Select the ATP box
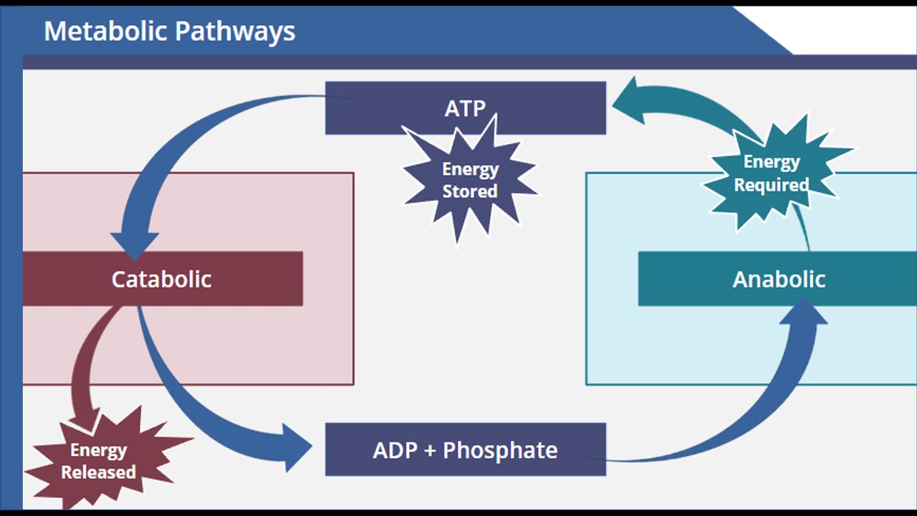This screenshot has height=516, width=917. [x=544, y=107]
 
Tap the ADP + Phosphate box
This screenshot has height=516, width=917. [x=465, y=449]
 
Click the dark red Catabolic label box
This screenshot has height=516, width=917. [x=162, y=279]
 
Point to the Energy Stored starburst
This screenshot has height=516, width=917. [x=469, y=180]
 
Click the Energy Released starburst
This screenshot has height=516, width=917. [x=99, y=461]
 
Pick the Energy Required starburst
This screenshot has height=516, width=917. [x=772, y=173]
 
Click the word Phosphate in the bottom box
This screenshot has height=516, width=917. [x=500, y=450]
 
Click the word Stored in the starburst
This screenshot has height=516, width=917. [x=469, y=191]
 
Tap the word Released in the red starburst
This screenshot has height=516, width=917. [x=99, y=472]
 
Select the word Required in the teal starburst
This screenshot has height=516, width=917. [x=772, y=185]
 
